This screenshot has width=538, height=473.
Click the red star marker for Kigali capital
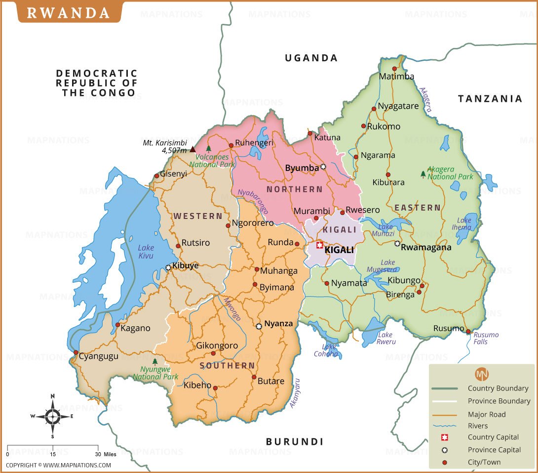pos(319,245)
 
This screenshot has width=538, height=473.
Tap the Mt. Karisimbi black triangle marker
pos(192,149)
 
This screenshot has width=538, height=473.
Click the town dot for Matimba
pos(394,69)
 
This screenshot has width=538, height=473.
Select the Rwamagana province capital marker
pos(397,243)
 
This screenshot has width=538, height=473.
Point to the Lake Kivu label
pos(146,252)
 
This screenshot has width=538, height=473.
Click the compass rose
pos(52,416)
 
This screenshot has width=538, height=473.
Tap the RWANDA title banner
pos(68,12)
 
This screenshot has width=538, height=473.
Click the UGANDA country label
pos(311,58)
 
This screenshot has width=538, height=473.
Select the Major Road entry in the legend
pos(487,414)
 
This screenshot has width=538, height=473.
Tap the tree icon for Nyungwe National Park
pos(155,362)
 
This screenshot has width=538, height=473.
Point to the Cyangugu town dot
pos(76,353)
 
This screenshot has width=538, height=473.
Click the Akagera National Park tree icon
pos(423,174)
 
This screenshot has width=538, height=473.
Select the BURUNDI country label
pos(294,441)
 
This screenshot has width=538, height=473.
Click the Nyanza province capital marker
pos(259,326)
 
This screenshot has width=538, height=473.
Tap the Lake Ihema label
pos(464,224)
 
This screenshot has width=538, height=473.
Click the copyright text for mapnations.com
pos(58,465)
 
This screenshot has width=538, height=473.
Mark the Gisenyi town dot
pos(156,175)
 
